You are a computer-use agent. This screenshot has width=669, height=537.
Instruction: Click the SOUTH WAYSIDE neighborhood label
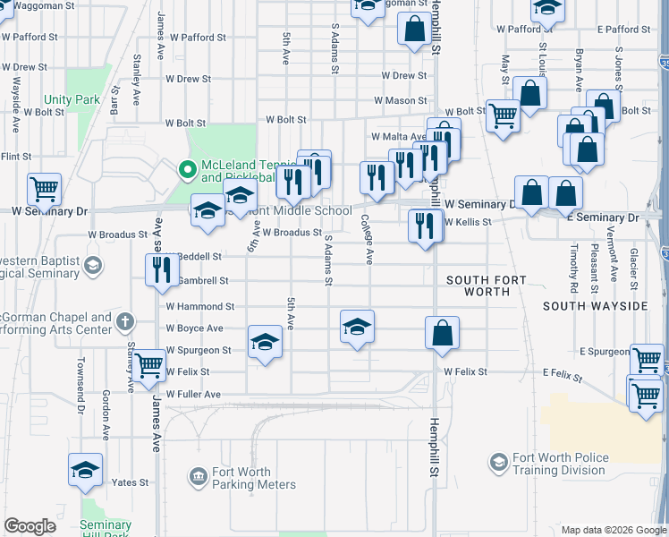coord(595,306)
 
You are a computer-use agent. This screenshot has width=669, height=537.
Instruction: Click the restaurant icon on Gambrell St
coord(161,269)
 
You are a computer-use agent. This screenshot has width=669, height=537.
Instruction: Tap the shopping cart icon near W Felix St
coord(149,364)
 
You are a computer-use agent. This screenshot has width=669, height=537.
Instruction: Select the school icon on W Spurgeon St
coord(265,342)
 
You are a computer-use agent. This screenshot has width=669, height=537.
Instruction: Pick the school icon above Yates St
coord(85,470)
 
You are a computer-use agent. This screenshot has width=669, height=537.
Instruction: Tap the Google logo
coord(30,526)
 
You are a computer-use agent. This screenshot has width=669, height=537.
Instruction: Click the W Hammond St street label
coord(199,306)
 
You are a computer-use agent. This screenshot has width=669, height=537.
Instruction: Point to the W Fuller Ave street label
coord(192,394)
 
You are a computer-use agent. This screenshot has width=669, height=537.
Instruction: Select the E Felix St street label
coord(563,371)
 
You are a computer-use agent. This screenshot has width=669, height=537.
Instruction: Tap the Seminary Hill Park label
coord(106,528)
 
